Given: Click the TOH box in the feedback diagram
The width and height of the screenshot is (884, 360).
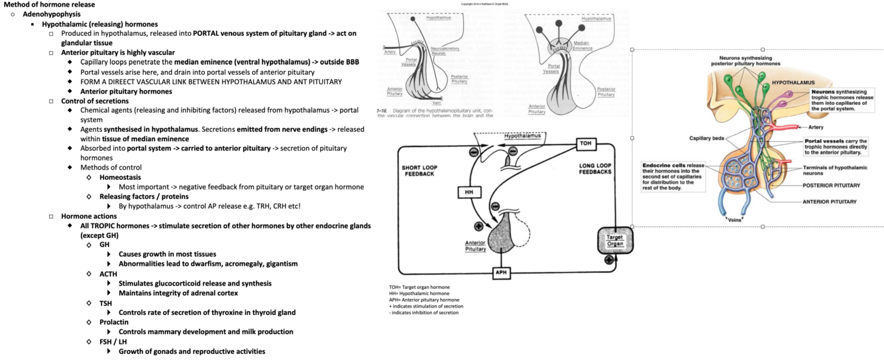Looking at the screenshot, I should pos(585,144).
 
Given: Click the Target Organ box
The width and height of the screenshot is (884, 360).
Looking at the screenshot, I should pos(616,240).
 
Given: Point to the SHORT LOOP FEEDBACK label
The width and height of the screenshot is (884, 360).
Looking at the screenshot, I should pos(417,170).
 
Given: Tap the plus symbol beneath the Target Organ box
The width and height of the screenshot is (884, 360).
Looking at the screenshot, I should pos(609,260).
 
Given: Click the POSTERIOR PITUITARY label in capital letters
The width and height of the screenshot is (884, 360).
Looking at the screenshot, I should pos(831,186).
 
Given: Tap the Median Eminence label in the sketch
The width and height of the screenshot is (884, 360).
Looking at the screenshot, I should pos(582,46).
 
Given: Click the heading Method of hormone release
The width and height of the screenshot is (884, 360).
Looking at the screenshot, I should pos(49,5).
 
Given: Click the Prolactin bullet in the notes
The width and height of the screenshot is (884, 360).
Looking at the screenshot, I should pos(113,322).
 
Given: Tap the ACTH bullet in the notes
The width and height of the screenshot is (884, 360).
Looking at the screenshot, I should pos(109,274).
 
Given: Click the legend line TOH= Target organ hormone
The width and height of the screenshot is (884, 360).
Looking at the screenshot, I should pos(419,287).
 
